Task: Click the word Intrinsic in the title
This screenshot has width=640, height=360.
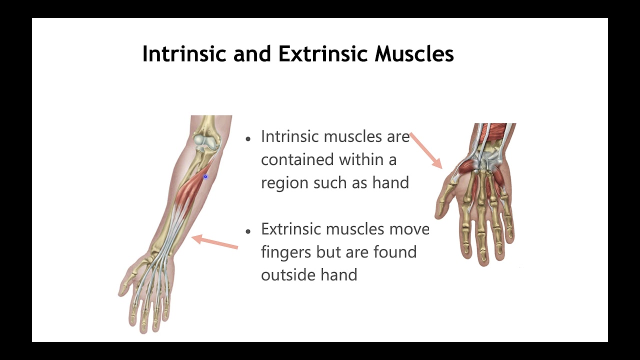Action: (x=184, y=53)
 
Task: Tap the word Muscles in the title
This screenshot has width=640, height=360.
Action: (x=414, y=53)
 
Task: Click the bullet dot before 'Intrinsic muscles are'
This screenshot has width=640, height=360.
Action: (x=248, y=138)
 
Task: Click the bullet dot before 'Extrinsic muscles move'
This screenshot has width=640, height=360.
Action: (x=248, y=231)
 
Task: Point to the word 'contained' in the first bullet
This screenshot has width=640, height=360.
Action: (x=297, y=159)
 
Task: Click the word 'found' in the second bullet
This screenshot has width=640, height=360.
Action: (x=395, y=252)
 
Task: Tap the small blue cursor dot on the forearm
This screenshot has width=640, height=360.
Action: (x=205, y=176)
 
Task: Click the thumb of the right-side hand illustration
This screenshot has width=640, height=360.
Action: (x=442, y=200)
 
